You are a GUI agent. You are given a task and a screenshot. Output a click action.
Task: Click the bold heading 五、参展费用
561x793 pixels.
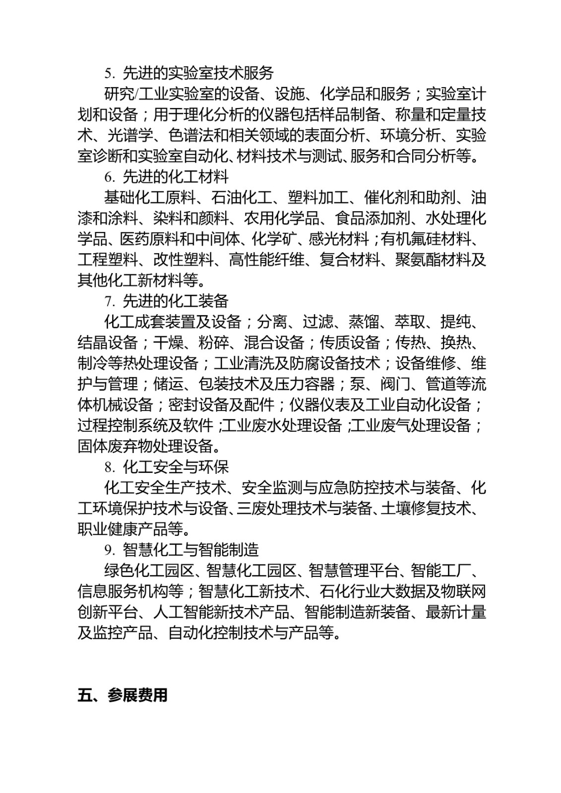[123, 695]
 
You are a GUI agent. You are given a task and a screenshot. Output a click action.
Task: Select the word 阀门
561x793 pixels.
[394, 385]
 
